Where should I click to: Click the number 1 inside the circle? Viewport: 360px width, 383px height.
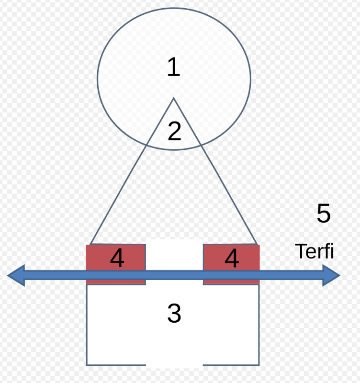(174, 67)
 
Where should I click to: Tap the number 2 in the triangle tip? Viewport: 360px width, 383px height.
(174, 131)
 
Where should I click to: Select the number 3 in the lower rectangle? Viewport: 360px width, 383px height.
(174, 313)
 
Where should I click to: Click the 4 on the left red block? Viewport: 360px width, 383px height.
(117, 258)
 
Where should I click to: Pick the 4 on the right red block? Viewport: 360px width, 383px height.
(232, 258)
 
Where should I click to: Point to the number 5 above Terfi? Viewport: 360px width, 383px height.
(324, 213)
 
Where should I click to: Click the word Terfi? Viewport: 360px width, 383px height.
(315, 251)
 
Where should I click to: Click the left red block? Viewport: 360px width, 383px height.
(116, 264)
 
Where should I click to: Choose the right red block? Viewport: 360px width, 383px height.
(231, 264)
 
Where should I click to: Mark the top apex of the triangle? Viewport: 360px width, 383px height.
(174, 98)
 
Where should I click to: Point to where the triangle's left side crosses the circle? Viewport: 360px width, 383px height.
(146, 145)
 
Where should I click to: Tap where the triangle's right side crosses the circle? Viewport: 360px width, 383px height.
(201, 145)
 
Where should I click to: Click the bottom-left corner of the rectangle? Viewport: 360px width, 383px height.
(87, 365)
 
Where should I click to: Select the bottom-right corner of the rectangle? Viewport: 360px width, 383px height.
(259, 365)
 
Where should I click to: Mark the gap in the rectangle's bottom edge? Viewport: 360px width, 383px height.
(174, 365)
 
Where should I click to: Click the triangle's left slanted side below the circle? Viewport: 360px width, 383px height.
(118, 195)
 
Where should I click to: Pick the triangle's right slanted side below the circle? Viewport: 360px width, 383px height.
(229, 195)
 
